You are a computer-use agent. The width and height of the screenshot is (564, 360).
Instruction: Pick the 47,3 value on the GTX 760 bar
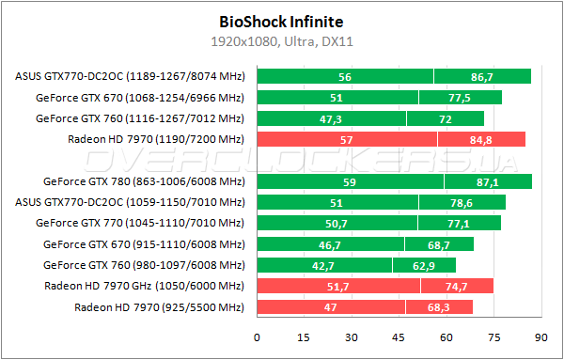tap(331, 119)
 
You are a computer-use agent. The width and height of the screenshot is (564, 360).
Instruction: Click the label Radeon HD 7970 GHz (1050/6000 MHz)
tap(144, 286)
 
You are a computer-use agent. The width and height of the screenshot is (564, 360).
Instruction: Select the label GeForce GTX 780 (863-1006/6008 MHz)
tap(143, 181)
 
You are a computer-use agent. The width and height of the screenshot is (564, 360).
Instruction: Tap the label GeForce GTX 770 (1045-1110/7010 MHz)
tap(139, 224)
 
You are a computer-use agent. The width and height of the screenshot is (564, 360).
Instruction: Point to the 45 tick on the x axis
tap(399, 337)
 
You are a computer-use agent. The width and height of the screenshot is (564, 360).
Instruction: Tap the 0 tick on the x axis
tap(257, 337)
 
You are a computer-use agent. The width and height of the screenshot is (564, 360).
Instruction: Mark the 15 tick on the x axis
tap(304, 337)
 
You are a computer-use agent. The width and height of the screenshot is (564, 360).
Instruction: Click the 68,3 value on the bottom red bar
tap(439, 307)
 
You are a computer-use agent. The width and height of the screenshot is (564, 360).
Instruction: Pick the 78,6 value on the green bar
tap(465, 202)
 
